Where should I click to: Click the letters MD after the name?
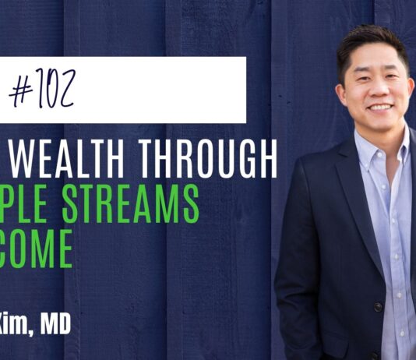pyautogui.click(x=58, y=321)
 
